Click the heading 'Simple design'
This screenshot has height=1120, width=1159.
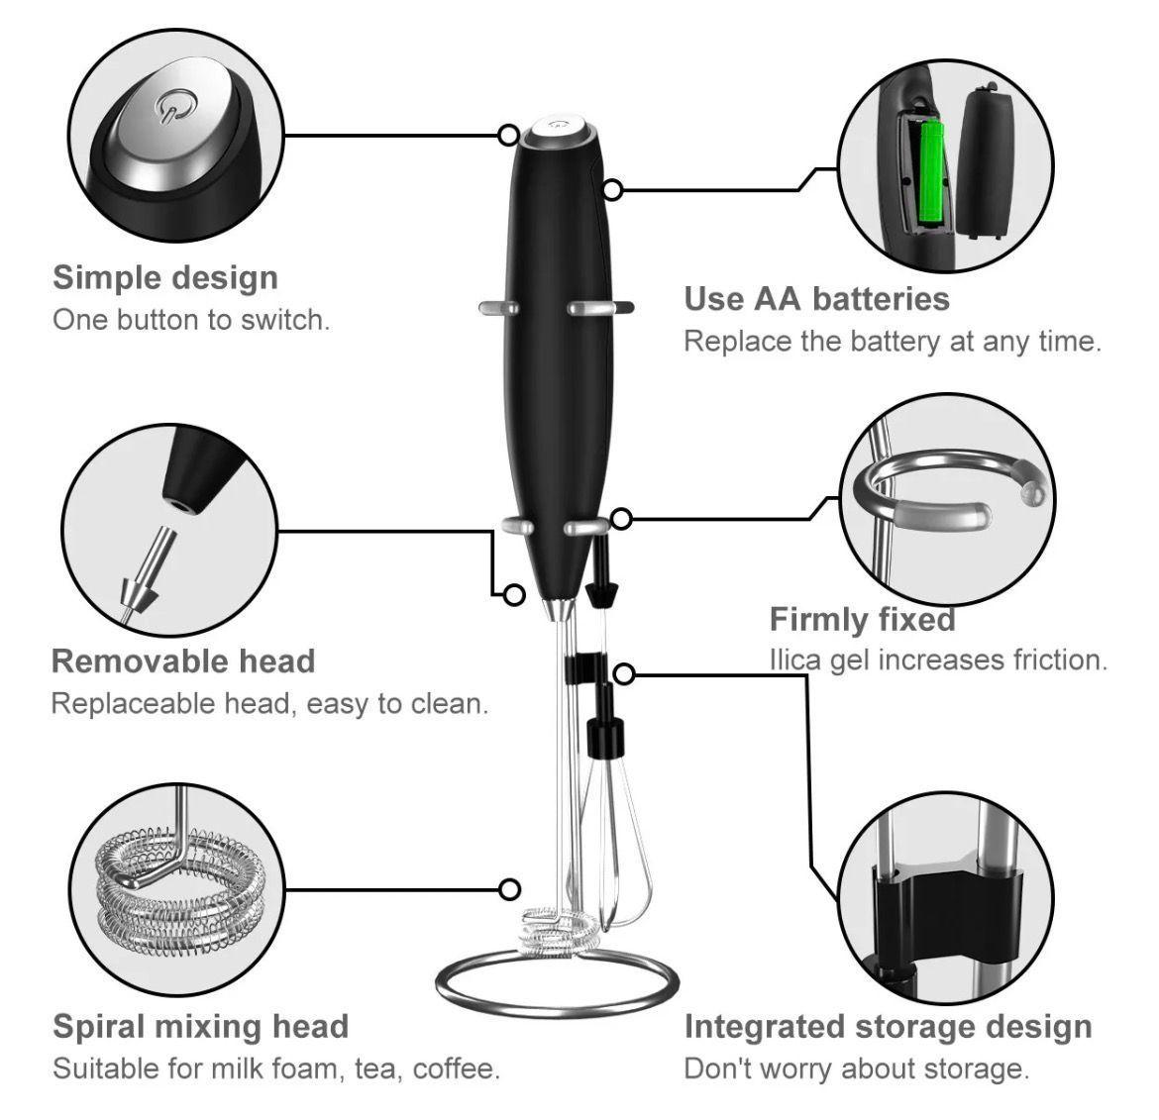pos(165,277)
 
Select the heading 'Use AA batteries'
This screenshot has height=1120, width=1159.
pos(816,299)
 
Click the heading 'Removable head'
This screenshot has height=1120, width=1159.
pos(183,661)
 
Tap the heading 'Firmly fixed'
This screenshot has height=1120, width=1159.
pos(862,619)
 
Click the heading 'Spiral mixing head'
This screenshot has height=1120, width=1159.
pos(200,1026)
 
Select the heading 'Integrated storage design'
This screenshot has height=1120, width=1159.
pos(888,1027)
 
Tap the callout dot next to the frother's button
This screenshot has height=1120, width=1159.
pos(508,134)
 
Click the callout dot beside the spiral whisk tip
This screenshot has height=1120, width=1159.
pos(510,889)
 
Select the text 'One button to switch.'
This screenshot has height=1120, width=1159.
pos(191,320)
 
